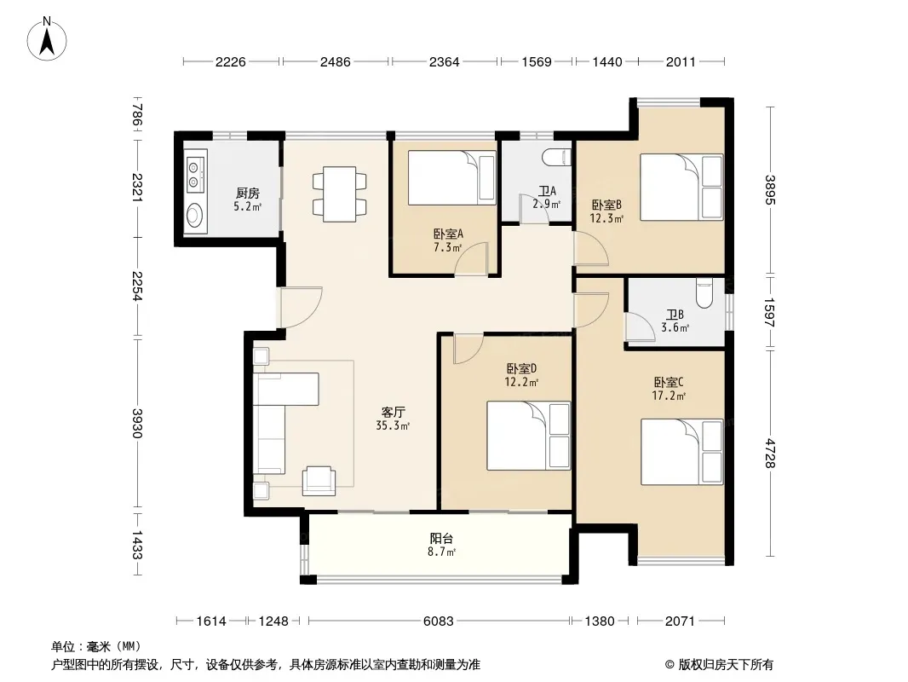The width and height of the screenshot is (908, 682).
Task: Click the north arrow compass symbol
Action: click(x=47, y=38)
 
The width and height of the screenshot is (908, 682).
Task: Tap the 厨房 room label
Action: click(x=247, y=193)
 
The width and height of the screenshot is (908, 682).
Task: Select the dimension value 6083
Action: click(x=439, y=621)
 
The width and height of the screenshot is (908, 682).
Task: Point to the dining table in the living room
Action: click(x=339, y=194)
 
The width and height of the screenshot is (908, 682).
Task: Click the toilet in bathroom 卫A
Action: click(x=556, y=157)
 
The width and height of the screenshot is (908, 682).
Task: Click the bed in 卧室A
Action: click(x=451, y=178)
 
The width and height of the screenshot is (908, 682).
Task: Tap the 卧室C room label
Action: click(x=669, y=383)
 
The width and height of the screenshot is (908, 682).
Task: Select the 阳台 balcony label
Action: click(x=441, y=538)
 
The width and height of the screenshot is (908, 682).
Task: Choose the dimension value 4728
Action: click(x=770, y=453)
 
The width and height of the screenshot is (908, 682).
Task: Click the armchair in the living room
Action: click(x=319, y=481)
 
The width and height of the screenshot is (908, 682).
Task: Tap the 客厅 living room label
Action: click(x=393, y=413)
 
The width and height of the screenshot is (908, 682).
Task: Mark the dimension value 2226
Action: click(x=231, y=61)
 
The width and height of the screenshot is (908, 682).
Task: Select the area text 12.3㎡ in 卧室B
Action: click(x=606, y=218)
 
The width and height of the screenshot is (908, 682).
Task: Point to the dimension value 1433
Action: click(x=136, y=545)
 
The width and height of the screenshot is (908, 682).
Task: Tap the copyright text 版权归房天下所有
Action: click(x=726, y=665)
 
